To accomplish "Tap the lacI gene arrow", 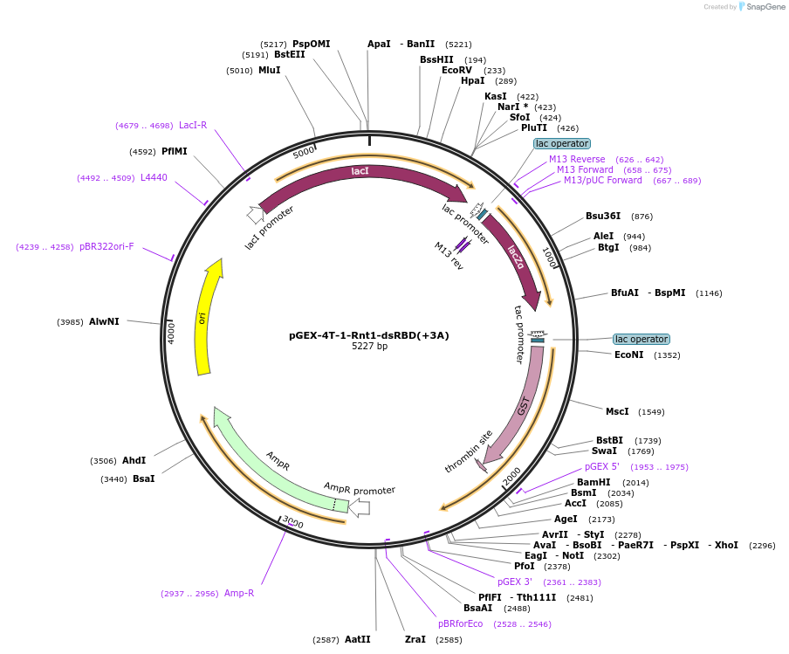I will [x=360, y=171].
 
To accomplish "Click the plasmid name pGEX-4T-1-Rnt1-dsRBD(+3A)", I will [x=369, y=335].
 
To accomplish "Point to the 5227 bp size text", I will [x=369, y=347].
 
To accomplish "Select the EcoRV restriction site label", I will [x=456, y=71].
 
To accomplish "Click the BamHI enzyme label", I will [x=593, y=482].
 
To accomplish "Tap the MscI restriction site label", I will [x=617, y=411].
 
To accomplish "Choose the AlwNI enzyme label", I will [x=104, y=321].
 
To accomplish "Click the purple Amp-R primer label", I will [x=239, y=594].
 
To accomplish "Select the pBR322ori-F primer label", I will [x=106, y=247].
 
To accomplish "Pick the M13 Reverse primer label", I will [x=577, y=159].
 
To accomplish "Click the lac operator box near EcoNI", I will [x=641, y=339].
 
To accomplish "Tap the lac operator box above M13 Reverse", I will [x=562, y=143].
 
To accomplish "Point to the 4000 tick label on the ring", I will [x=172, y=333].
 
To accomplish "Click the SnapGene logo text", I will [x=765, y=7].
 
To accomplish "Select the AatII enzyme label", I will [x=358, y=639].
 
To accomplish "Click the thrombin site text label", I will [x=469, y=451].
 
